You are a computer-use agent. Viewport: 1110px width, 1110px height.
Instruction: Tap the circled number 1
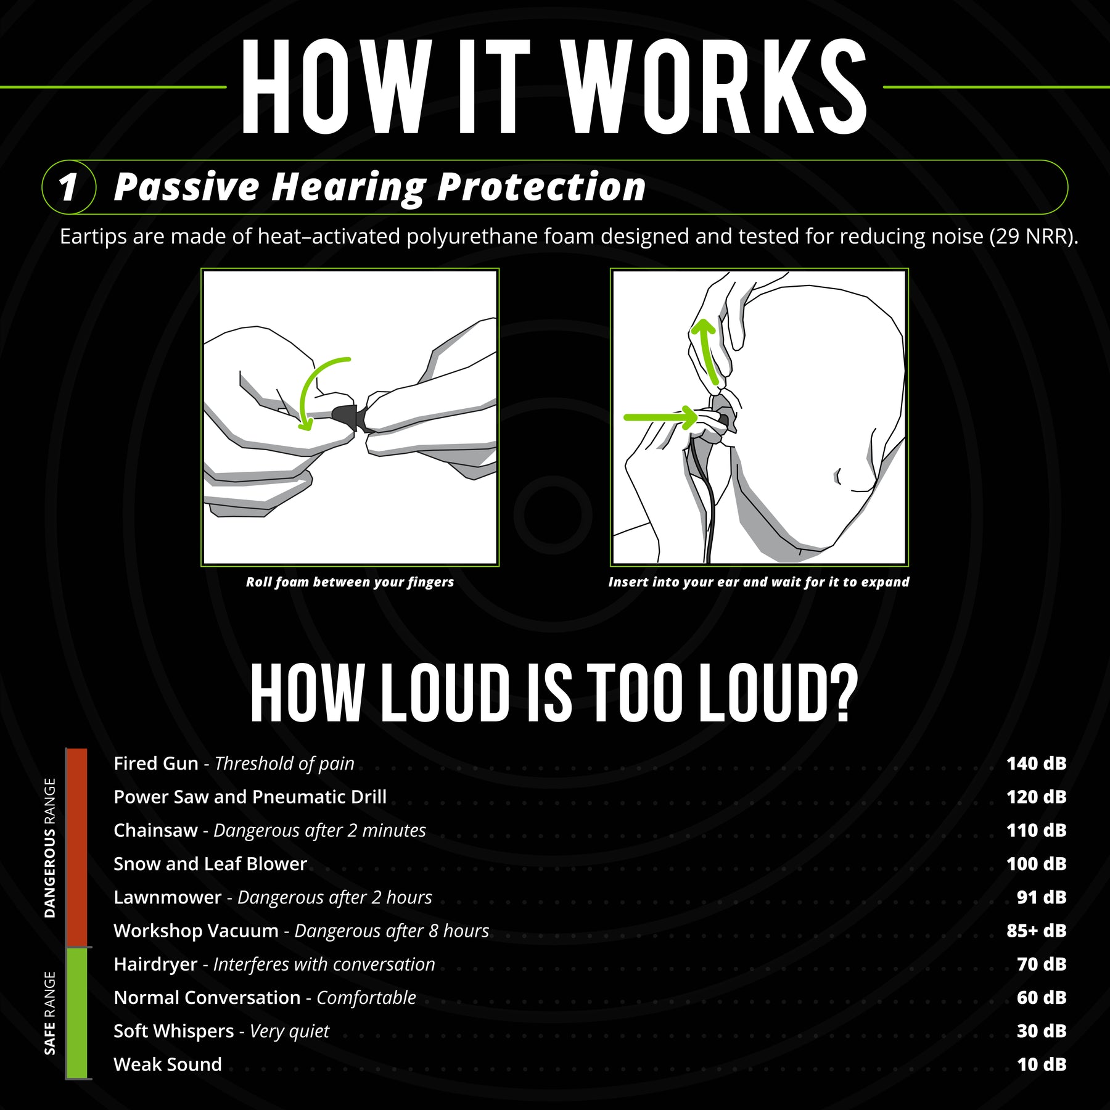[x=68, y=187]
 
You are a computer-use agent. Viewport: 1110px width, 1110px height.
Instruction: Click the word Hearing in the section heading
[x=349, y=187]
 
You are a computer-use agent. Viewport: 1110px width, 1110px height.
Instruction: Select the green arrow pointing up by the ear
[x=706, y=351]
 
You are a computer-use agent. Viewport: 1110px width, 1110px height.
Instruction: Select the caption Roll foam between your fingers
[x=350, y=582]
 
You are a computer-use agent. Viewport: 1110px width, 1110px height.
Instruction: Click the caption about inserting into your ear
[x=758, y=582]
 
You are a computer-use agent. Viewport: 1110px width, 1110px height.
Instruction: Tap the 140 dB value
[x=1036, y=763]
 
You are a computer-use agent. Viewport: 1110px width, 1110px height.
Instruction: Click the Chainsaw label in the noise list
[x=155, y=831]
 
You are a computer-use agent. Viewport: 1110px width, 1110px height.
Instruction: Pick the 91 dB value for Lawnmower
[x=1042, y=897]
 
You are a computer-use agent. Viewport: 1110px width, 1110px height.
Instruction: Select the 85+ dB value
[x=1036, y=931]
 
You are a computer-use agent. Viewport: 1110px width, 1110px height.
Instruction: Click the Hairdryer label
[x=155, y=964]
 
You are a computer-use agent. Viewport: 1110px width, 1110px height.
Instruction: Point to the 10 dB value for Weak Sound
[x=1042, y=1064]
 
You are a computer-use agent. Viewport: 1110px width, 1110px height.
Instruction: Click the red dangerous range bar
[x=77, y=848]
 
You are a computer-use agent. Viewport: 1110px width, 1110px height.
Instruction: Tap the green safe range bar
[x=77, y=1013]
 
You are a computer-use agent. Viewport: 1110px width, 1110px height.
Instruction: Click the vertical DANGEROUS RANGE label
[x=50, y=848]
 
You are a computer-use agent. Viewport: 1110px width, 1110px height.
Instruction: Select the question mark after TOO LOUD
[x=843, y=694]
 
